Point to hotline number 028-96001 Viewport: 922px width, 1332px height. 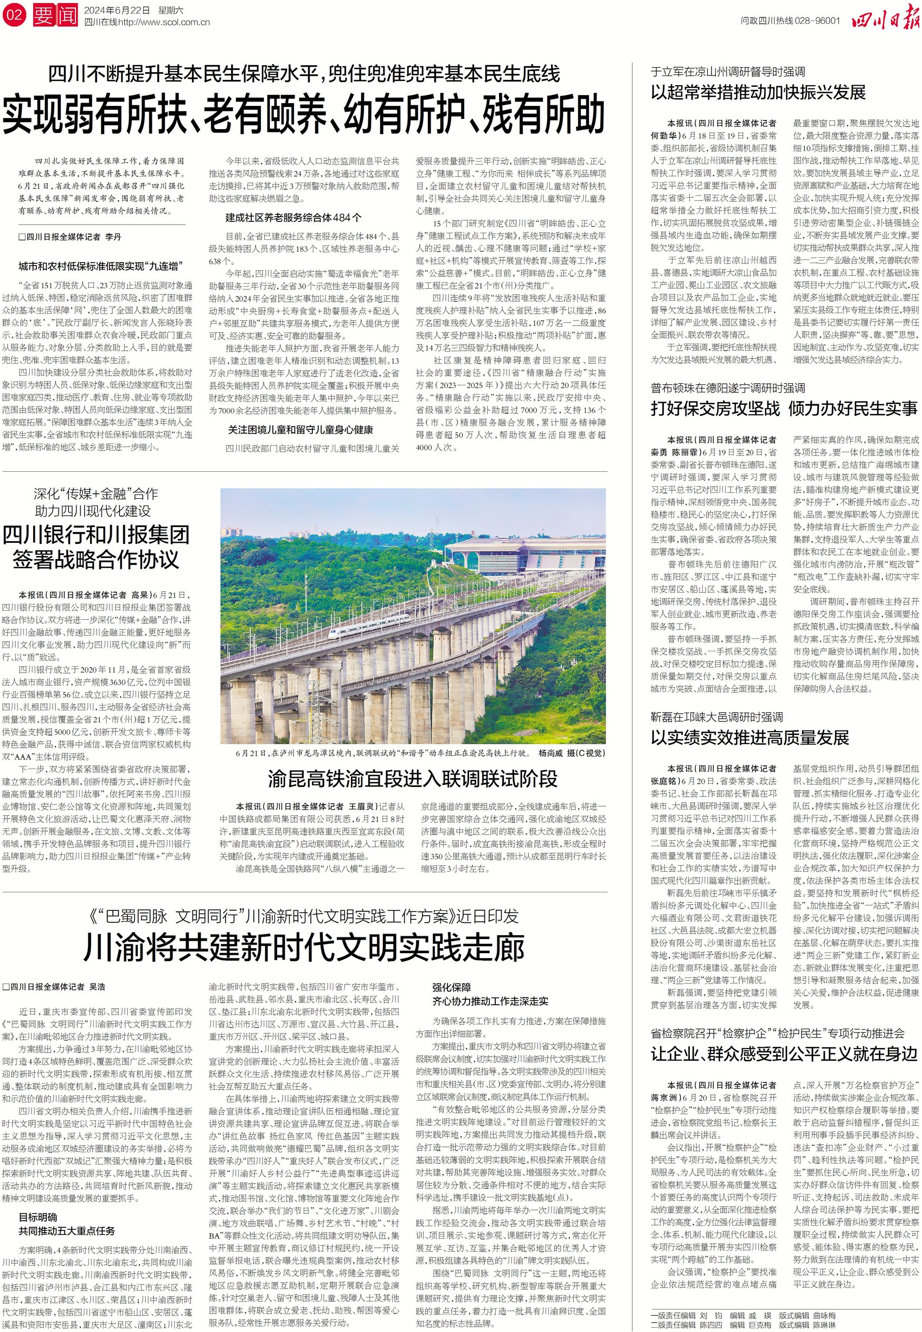(x=817, y=20)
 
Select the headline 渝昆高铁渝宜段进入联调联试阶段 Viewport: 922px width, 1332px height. (x=413, y=779)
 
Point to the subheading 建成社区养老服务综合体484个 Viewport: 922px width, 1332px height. (x=293, y=218)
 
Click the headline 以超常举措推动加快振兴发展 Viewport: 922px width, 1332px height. (x=758, y=92)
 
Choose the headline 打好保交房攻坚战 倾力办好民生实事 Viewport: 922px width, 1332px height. (x=784, y=409)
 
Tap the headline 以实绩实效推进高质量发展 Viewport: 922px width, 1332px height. (x=750, y=738)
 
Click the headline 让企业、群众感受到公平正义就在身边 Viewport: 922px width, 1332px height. (x=784, y=1054)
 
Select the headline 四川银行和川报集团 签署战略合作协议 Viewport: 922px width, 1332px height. (x=96, y=547)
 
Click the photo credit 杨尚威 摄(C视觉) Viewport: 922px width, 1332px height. (x=571, y=753)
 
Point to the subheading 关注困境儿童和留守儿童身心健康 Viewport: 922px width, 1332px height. (x=300, y=430)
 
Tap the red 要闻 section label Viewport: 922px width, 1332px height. (x=55, y=15)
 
